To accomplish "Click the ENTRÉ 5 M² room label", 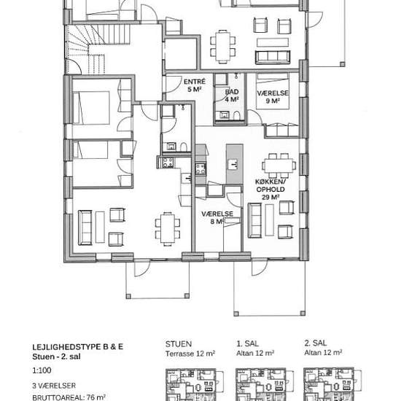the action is tap(195, 85).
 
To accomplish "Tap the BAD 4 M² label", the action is tap(232, 96).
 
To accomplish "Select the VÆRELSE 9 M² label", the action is tap(273, 97).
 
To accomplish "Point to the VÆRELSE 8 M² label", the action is tap(217, 217).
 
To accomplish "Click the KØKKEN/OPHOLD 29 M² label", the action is tap(270, 190).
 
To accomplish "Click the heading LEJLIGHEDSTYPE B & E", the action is tap(78, 347).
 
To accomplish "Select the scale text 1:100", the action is tap(42, 370).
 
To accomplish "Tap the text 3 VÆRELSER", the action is tap(54, 386).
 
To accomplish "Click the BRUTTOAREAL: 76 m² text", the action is tap(69, 397).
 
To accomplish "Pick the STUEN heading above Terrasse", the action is tap(179, 344).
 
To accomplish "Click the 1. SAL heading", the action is tap(247, 343).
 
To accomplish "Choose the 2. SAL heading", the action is tap(316, 343).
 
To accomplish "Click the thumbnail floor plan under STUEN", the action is tap(195, 385).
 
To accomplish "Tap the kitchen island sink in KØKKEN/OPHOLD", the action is tap(233, 163).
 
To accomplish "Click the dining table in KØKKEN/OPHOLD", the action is tap(279, 166).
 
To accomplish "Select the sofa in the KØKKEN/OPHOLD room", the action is tap(254, 220).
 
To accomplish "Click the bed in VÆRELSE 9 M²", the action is tap(273, 91).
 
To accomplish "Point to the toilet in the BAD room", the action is tap(236, 115).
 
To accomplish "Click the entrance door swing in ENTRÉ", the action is tap(173, 84).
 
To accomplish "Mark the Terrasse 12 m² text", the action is tap(190, 354).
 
